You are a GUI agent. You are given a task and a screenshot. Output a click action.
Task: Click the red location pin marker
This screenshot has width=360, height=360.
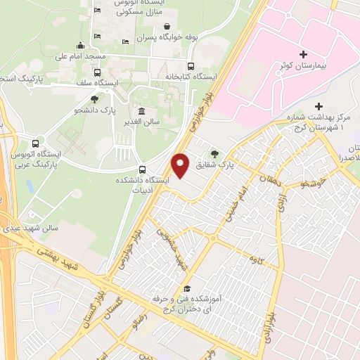[181, 165]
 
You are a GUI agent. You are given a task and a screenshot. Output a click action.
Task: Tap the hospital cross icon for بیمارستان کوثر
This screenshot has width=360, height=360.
[303, 54]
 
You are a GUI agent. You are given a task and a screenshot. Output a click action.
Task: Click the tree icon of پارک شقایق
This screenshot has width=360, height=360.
[214, 153]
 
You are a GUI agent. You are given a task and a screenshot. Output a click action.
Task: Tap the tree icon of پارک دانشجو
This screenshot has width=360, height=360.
[95, 99]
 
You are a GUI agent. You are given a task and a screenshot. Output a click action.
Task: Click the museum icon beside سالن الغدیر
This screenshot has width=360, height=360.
[143, 111]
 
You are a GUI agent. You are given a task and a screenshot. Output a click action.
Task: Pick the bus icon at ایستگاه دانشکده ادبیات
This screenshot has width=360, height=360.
[143, 169]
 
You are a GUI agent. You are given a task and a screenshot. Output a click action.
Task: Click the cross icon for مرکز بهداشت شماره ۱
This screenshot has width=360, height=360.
[319, 105]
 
